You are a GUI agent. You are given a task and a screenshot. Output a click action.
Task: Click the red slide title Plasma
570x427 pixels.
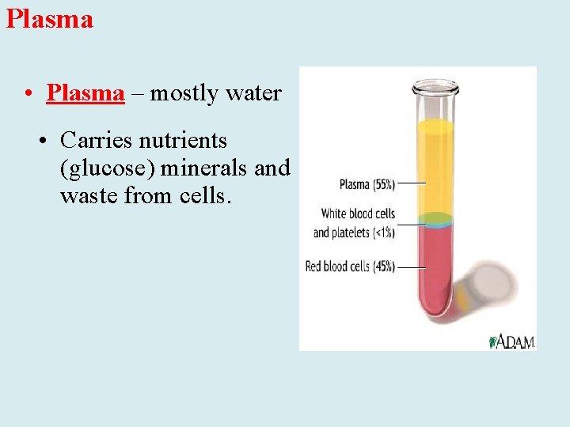49,18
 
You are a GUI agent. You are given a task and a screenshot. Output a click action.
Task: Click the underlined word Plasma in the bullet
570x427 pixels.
85,93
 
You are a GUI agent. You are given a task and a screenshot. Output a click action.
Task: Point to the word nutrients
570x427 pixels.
183,141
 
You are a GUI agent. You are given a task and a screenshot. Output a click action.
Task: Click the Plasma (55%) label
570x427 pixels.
365,184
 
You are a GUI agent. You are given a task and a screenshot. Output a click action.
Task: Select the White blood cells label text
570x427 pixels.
358,213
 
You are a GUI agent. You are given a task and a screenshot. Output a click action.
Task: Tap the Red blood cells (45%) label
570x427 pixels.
350,267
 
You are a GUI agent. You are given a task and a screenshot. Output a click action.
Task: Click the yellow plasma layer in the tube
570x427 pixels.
434,166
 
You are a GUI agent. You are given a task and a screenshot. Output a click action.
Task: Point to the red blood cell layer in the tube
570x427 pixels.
434,269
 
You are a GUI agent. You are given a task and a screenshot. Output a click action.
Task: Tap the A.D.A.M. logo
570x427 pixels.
513,341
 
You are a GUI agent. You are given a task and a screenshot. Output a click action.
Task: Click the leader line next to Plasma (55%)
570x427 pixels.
412,183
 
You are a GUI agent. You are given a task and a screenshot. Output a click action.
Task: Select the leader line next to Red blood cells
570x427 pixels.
412,267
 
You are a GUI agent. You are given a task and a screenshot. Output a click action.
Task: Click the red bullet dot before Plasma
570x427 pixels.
28,94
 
